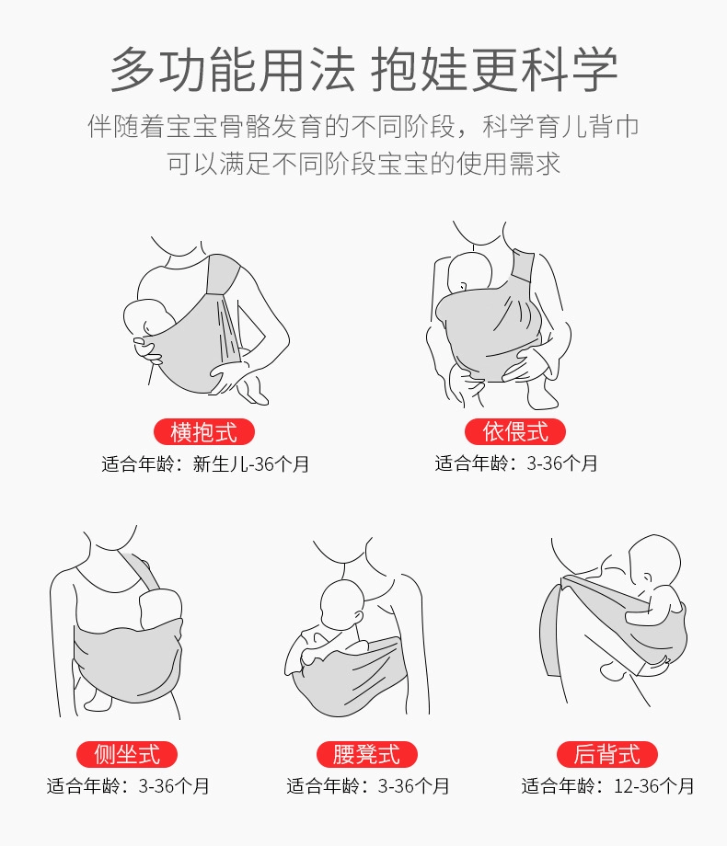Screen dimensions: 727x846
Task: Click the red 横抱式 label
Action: (203, 432)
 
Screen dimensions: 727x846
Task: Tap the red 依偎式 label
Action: (514, 431)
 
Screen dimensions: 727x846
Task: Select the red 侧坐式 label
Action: (127, 754)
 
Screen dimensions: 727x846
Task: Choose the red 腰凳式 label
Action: (367, 754)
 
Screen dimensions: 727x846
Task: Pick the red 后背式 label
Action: (607, 754)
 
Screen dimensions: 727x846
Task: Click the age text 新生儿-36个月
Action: (251, 464)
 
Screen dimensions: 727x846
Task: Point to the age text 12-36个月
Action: (653, 786)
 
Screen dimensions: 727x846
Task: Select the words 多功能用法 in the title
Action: (233, 70)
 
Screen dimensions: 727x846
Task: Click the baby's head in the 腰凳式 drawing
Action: (342, 604)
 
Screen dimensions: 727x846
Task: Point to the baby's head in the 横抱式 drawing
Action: (145, 319)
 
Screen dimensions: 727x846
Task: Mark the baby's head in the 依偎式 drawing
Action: (470, 273)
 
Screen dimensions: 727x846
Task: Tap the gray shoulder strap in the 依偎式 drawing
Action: (522, 268)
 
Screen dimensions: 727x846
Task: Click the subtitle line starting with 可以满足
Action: (363, 164)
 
